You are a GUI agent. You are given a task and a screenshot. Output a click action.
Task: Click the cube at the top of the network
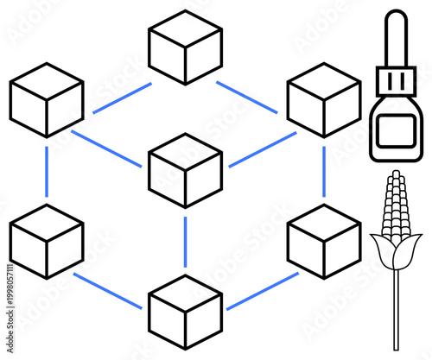185,47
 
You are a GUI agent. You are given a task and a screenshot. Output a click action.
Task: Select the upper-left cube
47,99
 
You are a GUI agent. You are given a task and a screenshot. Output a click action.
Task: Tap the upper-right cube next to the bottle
323,99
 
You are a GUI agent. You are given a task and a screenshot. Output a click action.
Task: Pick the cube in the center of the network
185,170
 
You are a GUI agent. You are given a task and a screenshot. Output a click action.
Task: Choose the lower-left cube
47,241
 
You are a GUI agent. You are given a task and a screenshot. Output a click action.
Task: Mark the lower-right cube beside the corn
323,241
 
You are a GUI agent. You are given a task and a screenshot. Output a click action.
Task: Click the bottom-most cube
185,312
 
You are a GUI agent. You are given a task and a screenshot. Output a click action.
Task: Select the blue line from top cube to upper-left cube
122,98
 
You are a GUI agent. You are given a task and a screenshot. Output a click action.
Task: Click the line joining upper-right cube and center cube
262,149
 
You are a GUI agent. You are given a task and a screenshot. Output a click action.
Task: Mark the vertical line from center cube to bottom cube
185,242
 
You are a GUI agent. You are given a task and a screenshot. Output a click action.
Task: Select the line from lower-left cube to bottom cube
107,291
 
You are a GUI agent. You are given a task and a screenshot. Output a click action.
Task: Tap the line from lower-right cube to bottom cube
262,292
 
